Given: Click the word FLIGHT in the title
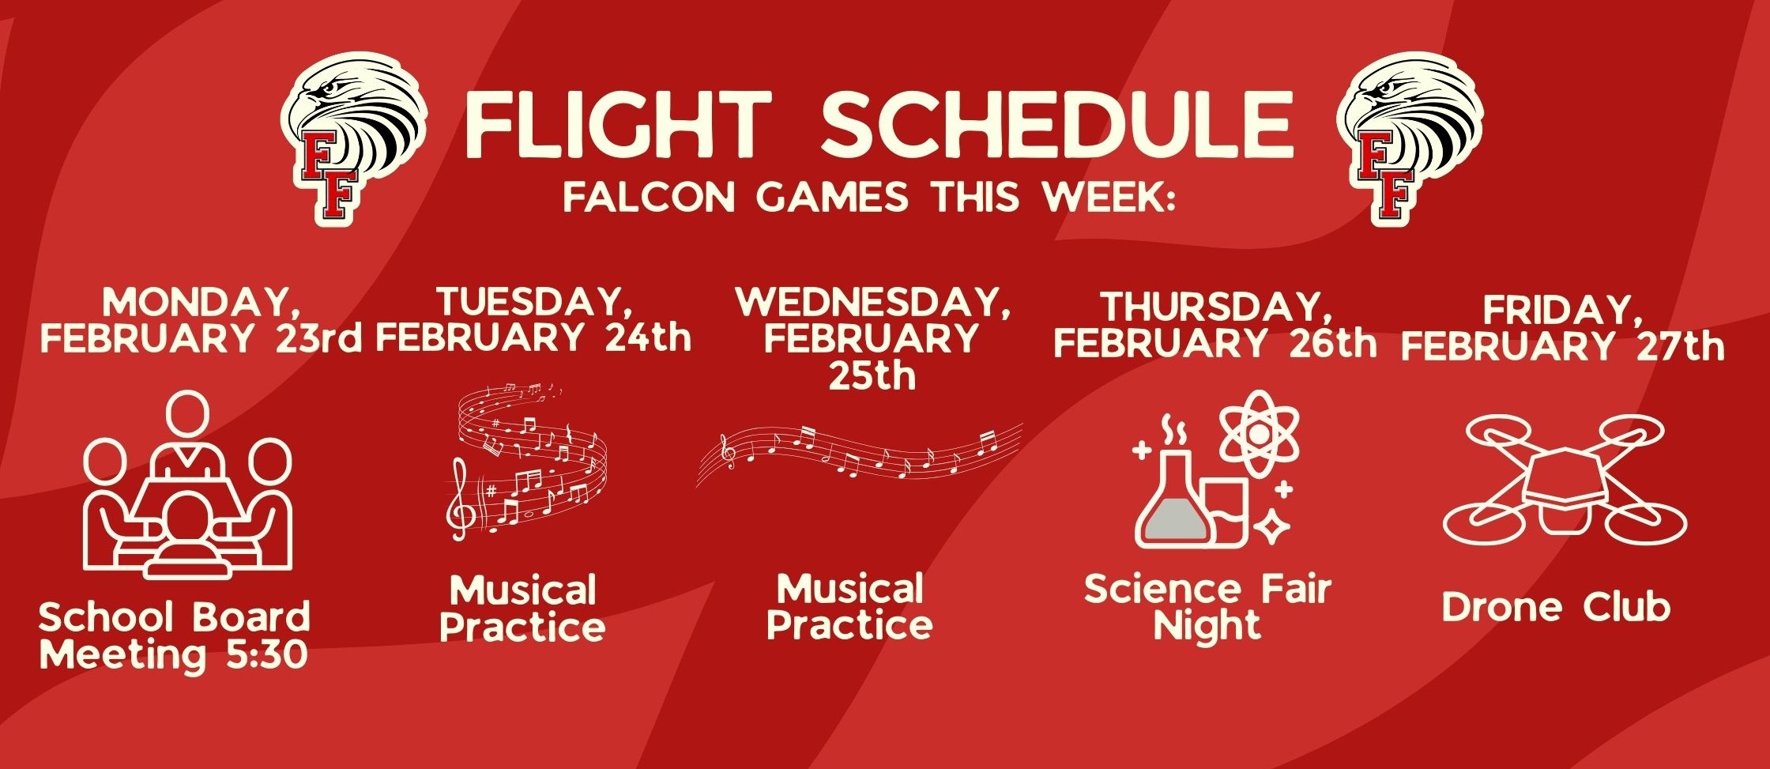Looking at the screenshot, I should pyautogui.click(x=617, y=123).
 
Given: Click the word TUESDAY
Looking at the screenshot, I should pyautogui.click(x=534, y=302).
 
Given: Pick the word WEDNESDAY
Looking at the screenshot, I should pyautogui.click(x=873, y=302).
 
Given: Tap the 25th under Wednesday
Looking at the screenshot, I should pyautogui.click(x=872, y=376).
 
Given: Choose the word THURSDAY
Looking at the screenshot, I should pyautogui.click(x=1213, y=307).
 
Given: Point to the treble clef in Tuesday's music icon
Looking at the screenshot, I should pyautogui.click(x=461, y=502).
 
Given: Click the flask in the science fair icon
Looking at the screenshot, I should pyautogui.click(x=1172, y=506).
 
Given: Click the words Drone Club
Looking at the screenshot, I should pyautogui.click(x=1556, y=608).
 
